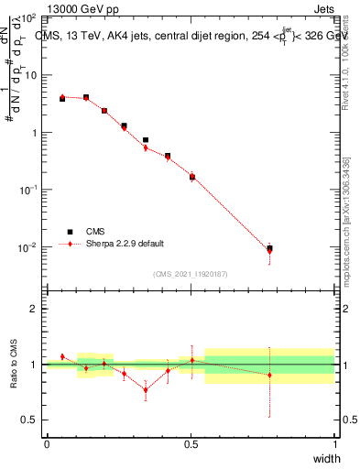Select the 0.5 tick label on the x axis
point(191,444)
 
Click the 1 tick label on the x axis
point(335,444)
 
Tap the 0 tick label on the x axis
point(47,444)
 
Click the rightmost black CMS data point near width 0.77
point(269,248)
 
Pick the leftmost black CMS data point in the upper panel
point(62,98)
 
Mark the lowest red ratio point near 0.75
point(145,390)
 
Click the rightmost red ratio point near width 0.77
point(269,375)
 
